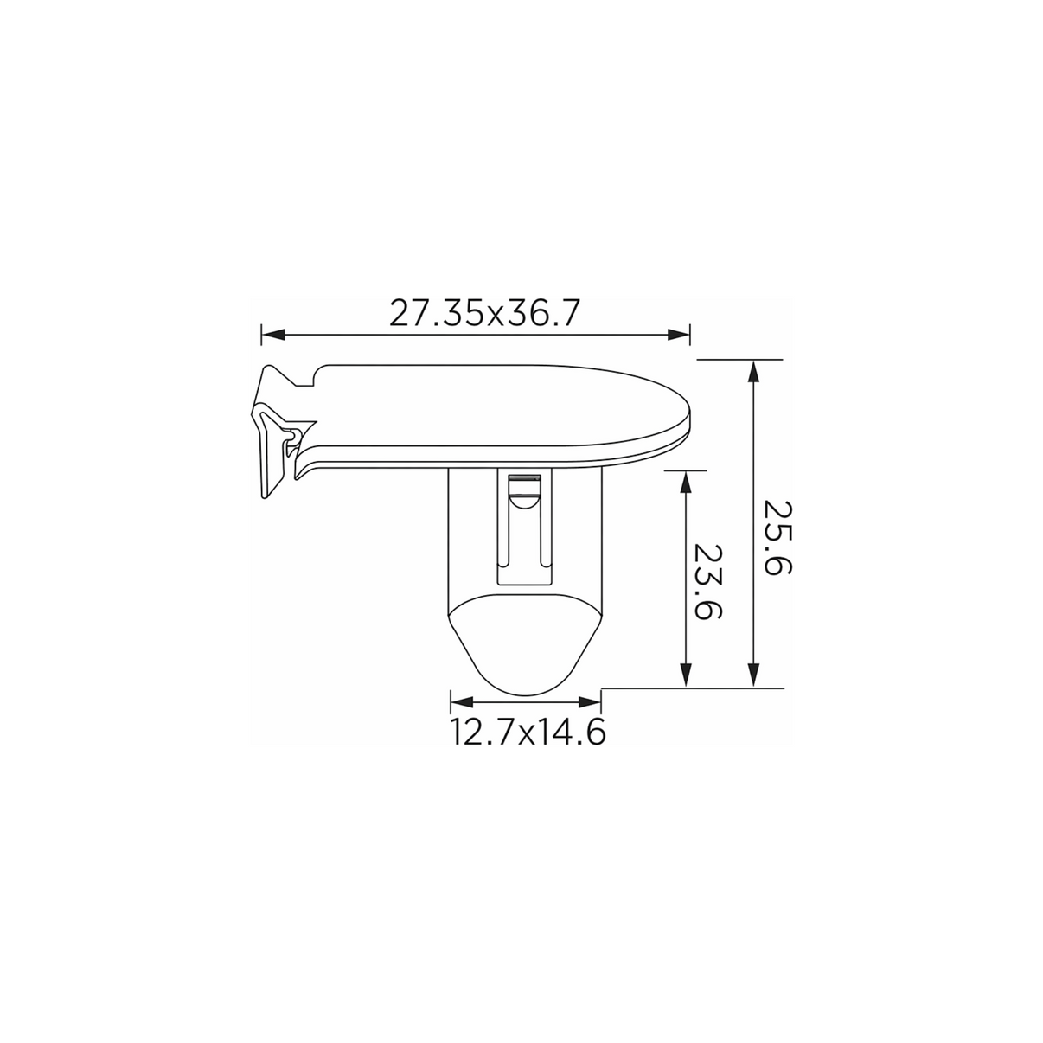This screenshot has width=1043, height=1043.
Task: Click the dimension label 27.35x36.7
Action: (484, 313)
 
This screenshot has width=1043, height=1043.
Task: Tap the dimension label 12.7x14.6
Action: (528, 733)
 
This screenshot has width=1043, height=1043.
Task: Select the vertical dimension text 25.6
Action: (777, 538)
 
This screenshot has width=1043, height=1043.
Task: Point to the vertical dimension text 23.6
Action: (708, 582)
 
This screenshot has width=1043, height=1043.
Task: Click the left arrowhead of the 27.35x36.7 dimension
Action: (272, 335)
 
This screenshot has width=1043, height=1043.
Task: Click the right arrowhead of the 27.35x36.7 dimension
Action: (679, 335)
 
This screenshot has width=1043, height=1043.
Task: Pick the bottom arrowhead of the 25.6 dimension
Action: (753, 676)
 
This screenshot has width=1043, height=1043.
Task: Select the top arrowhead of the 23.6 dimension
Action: (686, 482)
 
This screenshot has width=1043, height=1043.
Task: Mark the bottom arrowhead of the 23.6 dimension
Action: (686, 676)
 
